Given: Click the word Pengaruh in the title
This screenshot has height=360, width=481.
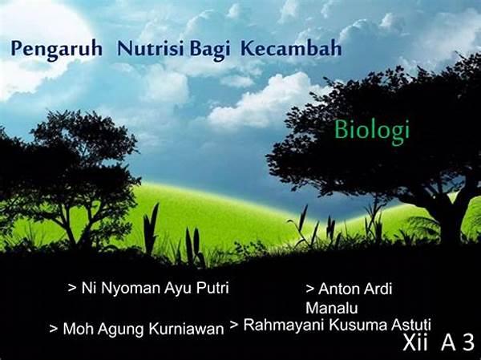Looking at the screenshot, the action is pos(56,49).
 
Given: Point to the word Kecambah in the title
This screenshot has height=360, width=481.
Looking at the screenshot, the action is pos(291,48).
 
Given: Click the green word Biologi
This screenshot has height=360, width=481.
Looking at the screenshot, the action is pos(372,131).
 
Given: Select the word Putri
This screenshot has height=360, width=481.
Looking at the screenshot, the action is pos(212,288).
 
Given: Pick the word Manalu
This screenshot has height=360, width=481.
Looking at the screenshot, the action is pos(332,308).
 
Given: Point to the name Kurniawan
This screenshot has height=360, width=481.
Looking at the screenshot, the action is pos(186,329).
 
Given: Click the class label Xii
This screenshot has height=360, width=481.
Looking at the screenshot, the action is pos(415,342).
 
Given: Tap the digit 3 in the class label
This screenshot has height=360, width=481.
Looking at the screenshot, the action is pos(468,342).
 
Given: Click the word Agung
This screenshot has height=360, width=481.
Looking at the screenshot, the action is pos(122,330).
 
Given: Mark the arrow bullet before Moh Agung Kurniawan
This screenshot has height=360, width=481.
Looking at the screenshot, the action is pos(54,329).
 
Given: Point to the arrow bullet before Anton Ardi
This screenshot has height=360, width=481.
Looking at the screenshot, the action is pos(310,289).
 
